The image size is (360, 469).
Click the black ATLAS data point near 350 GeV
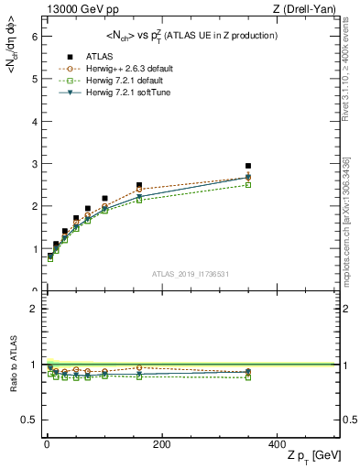coord(248,166)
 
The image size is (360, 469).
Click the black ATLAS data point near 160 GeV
coord(139,185)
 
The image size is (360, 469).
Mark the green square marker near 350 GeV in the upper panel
coord(248,185)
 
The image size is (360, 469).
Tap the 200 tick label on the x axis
coord(161,445)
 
